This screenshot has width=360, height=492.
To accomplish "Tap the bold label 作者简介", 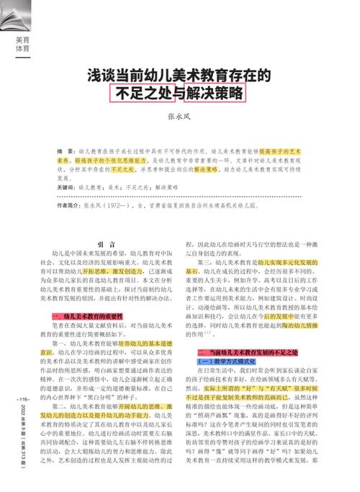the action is tap(70, 205).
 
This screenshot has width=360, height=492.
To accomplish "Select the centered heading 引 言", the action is tap(106, 244).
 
